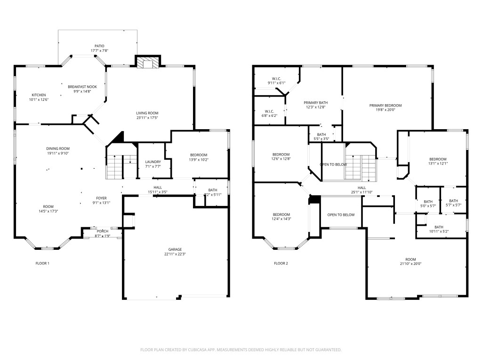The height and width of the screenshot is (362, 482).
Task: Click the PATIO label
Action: (x=99, y=46)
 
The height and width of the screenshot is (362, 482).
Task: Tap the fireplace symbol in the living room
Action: (x=148, y=63)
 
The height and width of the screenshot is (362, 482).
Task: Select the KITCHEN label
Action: (x=39, y=95)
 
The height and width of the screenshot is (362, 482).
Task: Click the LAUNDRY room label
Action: (x=153, y=162)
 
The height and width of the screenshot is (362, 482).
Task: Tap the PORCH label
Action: (x=102, y=231)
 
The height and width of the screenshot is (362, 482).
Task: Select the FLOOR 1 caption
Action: (x=42, y=263)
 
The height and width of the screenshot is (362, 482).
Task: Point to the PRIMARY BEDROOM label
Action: (x=386, y=106)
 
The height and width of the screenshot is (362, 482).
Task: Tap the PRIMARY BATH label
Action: (x=315, y=102)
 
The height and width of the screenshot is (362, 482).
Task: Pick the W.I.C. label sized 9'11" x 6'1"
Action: (x=276, y=78)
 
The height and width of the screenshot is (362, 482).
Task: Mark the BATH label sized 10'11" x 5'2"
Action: (x=439, y=227)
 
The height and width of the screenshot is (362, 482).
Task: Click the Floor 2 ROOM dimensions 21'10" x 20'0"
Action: (x=411, y=264)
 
